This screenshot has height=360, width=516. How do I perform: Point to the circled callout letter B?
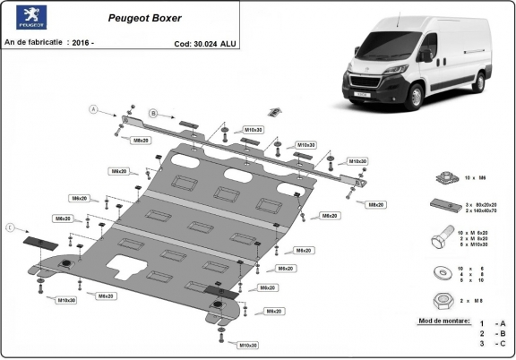(153, 114)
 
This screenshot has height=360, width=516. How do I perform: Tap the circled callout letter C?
(12, 229)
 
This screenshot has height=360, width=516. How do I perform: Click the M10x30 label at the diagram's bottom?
(247, 345)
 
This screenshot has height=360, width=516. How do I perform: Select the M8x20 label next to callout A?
(141, 141)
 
